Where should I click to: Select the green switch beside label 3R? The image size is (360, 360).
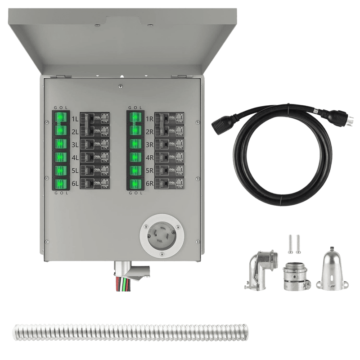(135, 144)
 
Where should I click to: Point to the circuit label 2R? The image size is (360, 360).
(149, 132)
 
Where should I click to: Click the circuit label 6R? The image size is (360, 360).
(149, 184)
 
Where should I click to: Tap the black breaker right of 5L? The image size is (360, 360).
(94, 171)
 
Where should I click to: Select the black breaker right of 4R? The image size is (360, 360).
(169, 158)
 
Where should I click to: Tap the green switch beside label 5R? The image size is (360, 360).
(135, 171)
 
